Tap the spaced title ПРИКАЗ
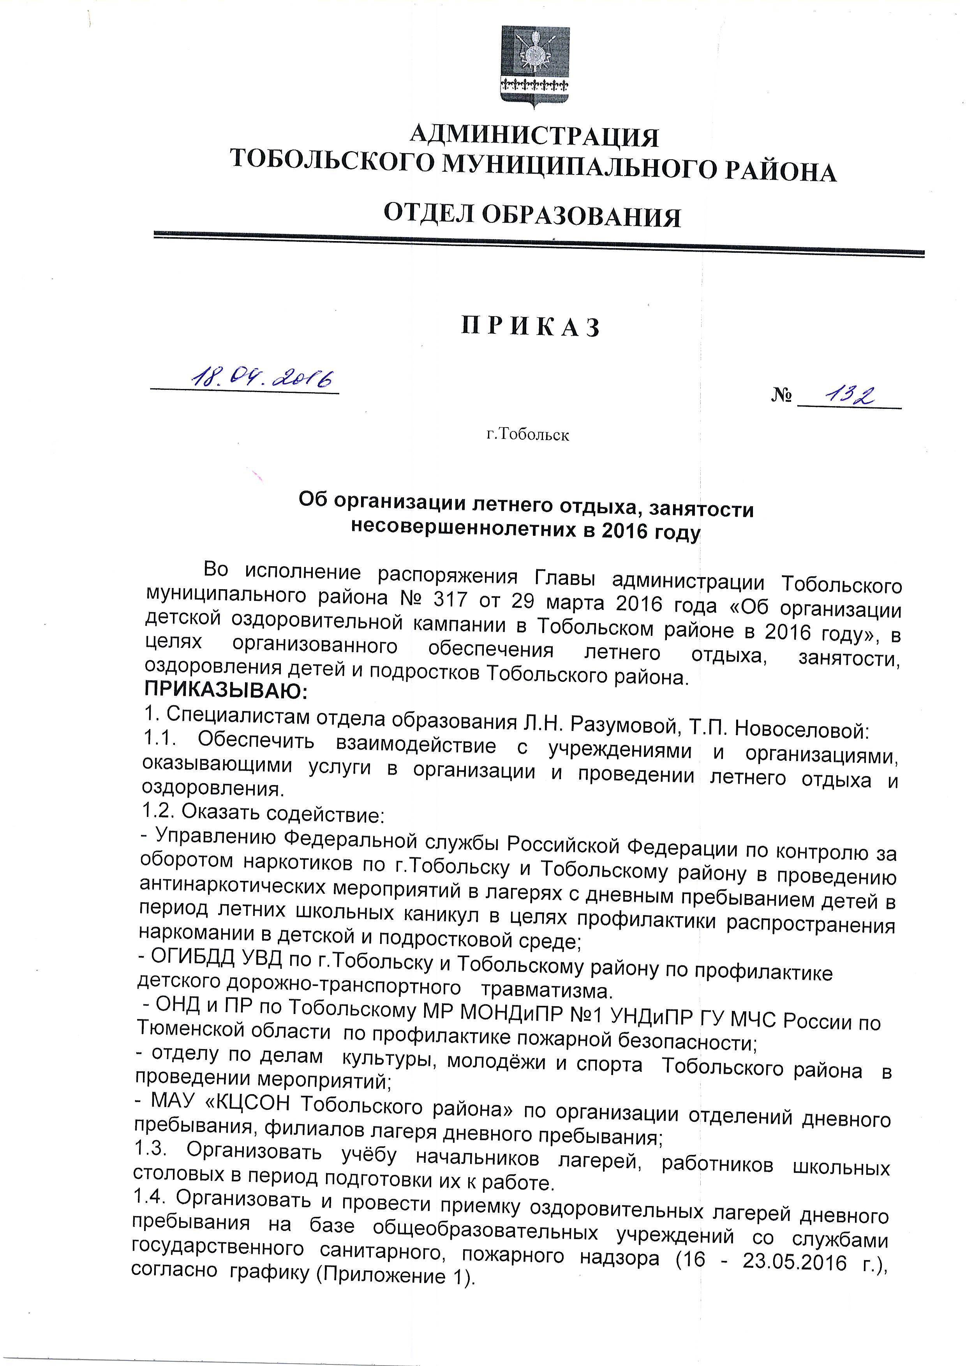pos(531,327)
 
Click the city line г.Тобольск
pos(527,435)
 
